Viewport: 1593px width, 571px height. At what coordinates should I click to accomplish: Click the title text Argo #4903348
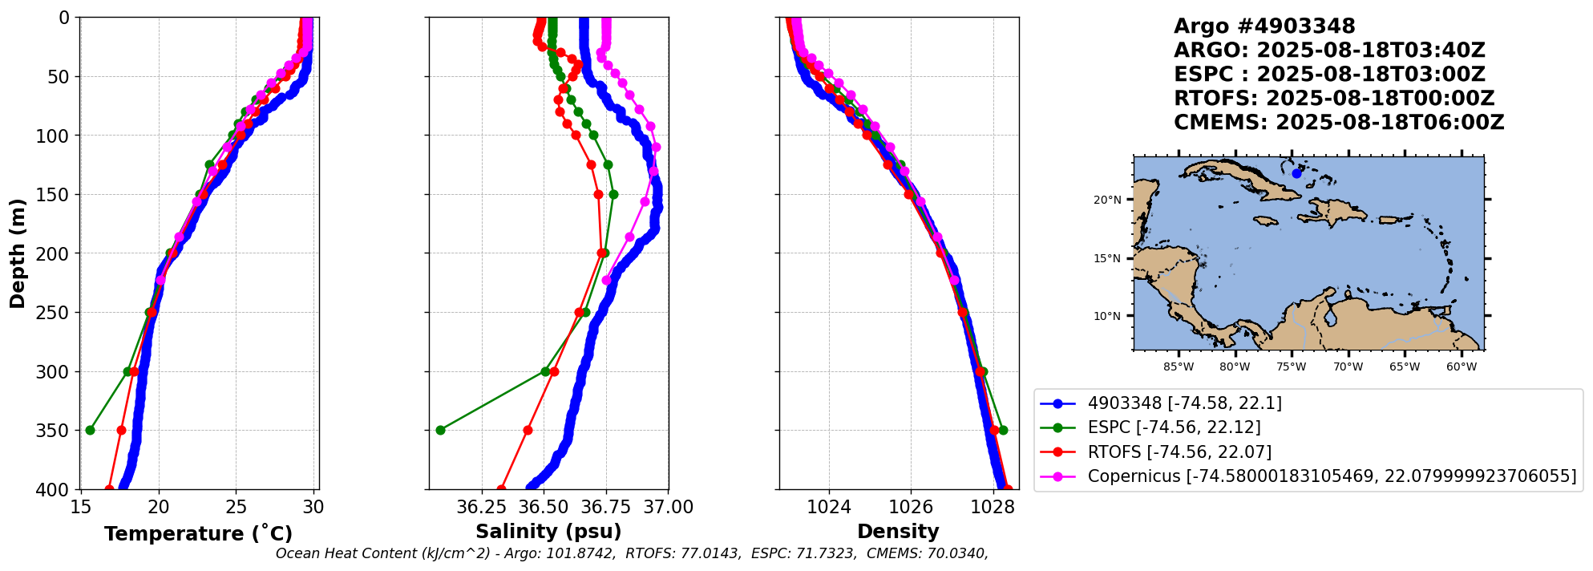(x=1263, y=26)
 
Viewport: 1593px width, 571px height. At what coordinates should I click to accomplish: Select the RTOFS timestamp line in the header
(x=1333, y=99)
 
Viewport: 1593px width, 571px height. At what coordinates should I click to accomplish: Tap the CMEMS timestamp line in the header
(x=1338, y=123)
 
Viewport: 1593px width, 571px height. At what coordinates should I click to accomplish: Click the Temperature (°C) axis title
(x=198, y=534)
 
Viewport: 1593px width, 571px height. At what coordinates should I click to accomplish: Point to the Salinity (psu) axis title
(x=548, y=532)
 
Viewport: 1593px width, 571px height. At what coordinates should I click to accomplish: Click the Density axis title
(x=898, y=532)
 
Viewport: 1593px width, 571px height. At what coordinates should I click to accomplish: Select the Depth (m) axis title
(x=18, y=253)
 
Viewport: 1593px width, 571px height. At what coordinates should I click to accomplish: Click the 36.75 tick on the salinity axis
(x=605, y=508)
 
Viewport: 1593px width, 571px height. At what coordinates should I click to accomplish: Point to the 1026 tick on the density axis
(x=911, y=508)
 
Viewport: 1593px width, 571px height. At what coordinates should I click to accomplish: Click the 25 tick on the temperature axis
(x=236, y=508)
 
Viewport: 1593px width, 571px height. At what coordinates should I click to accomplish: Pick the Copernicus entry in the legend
(x=1331, y=476)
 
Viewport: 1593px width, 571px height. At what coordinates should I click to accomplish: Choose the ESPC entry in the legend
(x=1174, y=428)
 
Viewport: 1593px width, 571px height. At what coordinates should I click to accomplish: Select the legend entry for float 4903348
(x=1184, y=403)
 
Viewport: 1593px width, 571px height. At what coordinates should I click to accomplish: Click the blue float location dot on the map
(x=1296, y=173)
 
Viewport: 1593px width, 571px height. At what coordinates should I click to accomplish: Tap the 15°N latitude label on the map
(x=1107, y=259)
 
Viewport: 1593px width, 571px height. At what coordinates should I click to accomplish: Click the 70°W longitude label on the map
(x=1348, y=367)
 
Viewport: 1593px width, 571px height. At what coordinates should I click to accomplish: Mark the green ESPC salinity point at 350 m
(x=440, y=431)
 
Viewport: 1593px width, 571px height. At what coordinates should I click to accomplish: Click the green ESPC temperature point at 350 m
(x=90, y=431)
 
